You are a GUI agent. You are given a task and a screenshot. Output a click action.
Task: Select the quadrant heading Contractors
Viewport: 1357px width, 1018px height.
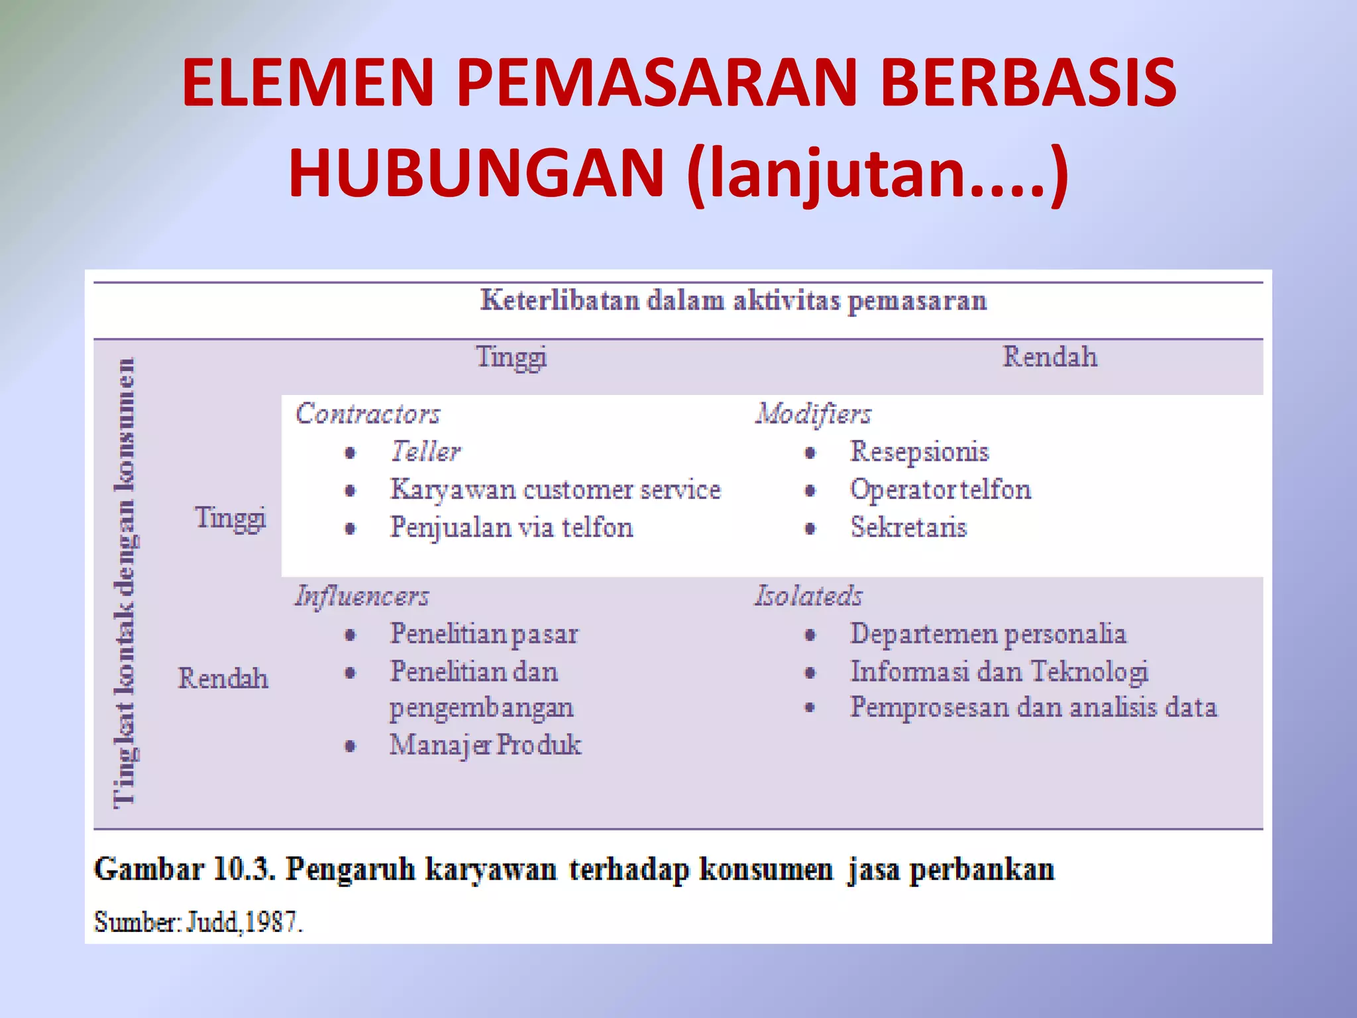368,414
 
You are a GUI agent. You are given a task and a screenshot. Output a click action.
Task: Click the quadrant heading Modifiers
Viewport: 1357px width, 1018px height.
814,414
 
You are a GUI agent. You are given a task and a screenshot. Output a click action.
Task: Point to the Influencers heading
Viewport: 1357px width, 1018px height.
362,596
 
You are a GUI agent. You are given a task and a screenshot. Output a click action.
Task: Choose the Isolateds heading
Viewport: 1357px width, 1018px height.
809,596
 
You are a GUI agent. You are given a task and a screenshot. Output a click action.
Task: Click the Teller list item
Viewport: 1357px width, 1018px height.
425,452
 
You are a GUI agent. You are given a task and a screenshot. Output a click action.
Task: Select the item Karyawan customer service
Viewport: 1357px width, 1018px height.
555,490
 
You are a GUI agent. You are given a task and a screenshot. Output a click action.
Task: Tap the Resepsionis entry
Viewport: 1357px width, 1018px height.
919,452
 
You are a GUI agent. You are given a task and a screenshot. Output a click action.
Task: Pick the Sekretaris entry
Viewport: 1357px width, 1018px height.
908,528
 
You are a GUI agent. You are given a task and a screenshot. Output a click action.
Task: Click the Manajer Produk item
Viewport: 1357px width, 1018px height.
485,745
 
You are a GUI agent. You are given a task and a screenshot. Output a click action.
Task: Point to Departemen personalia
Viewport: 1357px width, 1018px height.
988,634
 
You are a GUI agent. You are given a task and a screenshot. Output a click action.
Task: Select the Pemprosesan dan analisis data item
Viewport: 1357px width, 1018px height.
1034,708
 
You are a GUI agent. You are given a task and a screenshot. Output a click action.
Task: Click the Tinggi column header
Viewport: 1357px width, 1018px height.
512,358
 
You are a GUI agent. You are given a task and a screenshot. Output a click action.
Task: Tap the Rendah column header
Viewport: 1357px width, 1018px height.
1050,357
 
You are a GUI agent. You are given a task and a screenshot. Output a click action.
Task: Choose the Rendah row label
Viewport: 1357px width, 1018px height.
223,679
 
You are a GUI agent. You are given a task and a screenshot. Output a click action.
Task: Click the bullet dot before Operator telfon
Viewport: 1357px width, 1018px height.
810,491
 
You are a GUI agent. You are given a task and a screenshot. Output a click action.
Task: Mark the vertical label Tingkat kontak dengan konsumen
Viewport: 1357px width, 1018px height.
125,583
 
